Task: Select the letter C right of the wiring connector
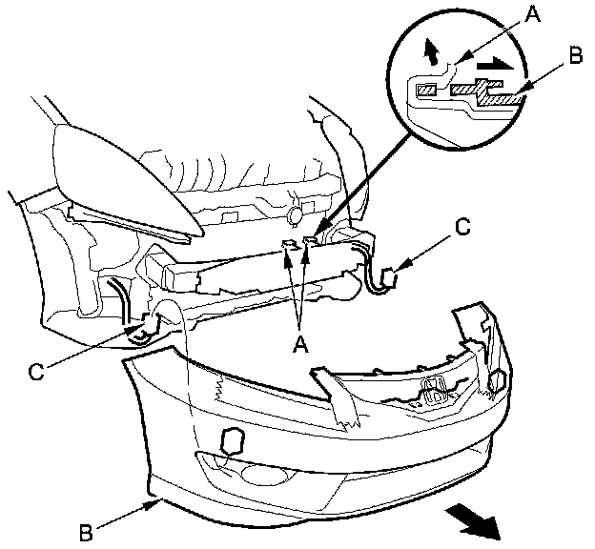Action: (462, 228)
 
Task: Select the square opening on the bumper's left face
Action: (231, 440)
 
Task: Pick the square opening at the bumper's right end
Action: (496, 382)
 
